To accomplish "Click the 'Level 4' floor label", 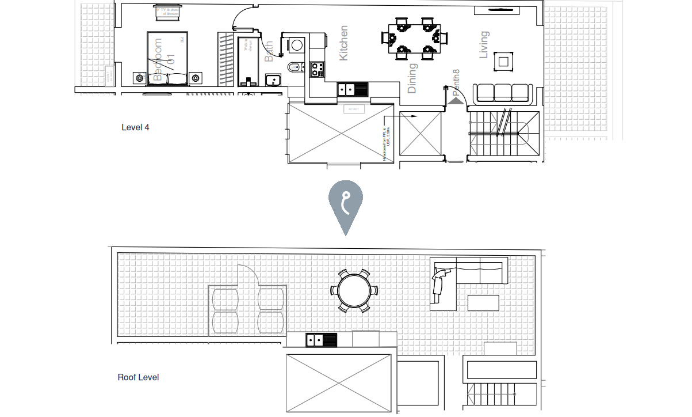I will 135,127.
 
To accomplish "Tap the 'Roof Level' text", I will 138,378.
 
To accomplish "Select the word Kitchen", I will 343,43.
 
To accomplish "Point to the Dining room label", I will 412,78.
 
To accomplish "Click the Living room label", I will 484,44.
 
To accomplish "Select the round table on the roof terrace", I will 354,291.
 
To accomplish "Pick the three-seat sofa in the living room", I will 502,93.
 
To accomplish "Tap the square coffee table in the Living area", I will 503,62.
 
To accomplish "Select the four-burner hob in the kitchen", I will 316,70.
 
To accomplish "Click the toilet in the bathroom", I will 294,66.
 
